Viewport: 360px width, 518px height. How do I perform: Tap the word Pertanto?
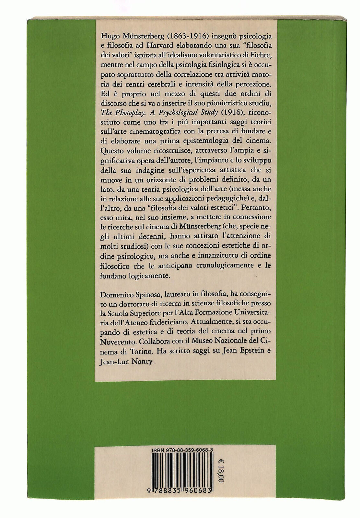tap(258, 208)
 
